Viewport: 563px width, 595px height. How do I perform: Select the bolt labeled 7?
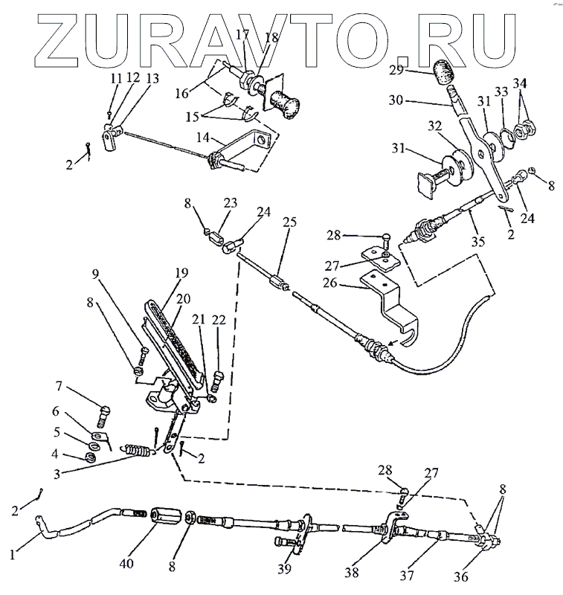click(x=105, y=411)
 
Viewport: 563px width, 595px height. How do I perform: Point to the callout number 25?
click(x=289, y=223)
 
